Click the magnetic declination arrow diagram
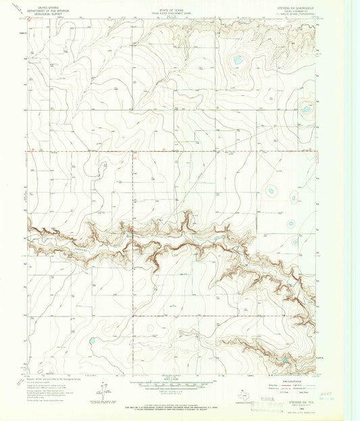click(x=104, y=389)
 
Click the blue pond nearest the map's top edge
click(x=238, y=61)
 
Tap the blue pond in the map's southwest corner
click(x=91, y=341)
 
